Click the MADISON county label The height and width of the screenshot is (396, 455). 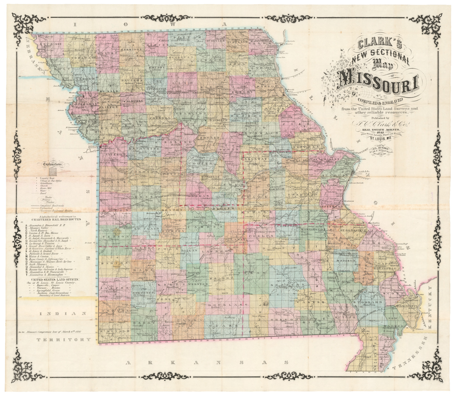coord(344,260)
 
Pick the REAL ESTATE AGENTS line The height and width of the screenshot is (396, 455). coord(379,129)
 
